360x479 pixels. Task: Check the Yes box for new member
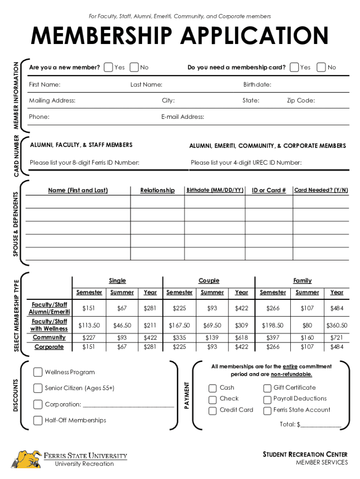[x=108, y=67]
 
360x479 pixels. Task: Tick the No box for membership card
[x=321, y=67]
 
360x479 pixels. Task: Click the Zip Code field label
[x=301, y=101]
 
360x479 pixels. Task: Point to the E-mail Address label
[x=183, y=116]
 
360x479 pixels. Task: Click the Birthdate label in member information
[x=257, y=85]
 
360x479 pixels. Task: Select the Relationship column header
[x=158, y=190]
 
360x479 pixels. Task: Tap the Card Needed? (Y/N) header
[x=321, y=190]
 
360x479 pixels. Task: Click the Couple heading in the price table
[x=209, y=281]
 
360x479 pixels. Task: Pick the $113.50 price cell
[x=89, y=325]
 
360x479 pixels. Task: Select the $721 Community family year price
[x=337, y=338]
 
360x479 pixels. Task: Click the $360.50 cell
[x=337, y=325]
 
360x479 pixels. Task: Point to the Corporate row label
[x=49, y=347]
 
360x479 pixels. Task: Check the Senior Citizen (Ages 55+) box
[x=38, y=388]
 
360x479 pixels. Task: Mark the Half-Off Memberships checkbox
[x=38, y=421]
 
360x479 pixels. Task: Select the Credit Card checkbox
[x=213, y=410]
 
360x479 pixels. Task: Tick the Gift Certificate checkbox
[x=267, y=388]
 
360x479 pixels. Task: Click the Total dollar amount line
[x=321, y=425]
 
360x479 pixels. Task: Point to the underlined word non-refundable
[x=291, y=375]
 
